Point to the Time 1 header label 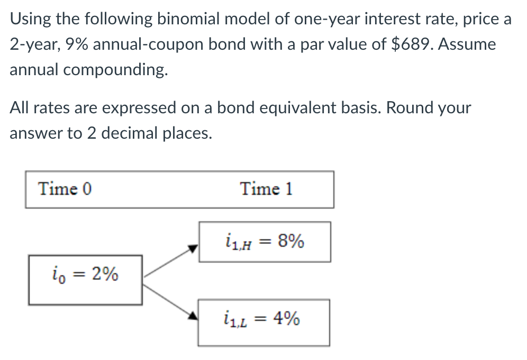tap(266, 189)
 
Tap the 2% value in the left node tap(104, 274)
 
